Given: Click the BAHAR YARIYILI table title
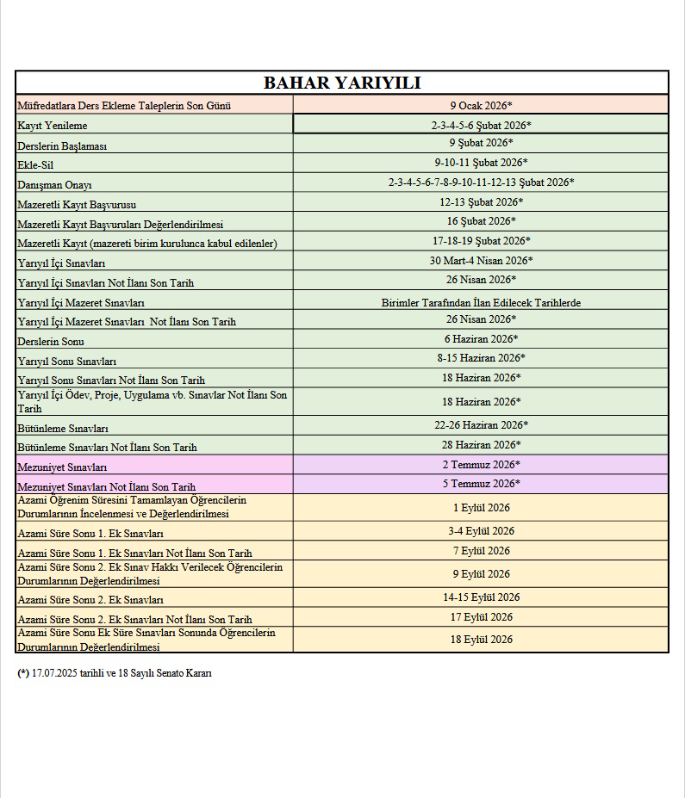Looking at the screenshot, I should pos(342,83).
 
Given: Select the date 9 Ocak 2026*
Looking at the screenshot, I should pos(481,105).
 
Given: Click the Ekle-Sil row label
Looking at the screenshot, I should pos(35,164).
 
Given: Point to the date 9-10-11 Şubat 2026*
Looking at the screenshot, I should pos(481,162).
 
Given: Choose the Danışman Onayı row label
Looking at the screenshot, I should pos(54,184).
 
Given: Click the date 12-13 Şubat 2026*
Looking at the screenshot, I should pos(481,201).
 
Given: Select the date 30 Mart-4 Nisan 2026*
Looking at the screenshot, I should pos(481,260).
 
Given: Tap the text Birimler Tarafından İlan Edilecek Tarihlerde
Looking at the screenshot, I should pos(481,302).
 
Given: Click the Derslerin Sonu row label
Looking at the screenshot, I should pos(51,341).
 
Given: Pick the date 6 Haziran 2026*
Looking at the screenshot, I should pos(481,338).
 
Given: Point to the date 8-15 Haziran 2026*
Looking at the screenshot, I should pos(481,357).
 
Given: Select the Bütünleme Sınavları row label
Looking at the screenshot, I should pos(63,428).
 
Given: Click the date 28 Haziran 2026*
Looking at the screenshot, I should pos(481,444).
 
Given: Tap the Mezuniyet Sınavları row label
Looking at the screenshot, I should pos(62,467).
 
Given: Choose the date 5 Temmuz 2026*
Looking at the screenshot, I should pos(481,483).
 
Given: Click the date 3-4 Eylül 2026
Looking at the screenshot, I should pos(481,531).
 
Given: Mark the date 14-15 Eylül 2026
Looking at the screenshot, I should pos(481,597).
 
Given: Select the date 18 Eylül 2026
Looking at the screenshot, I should pos(481,639).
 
